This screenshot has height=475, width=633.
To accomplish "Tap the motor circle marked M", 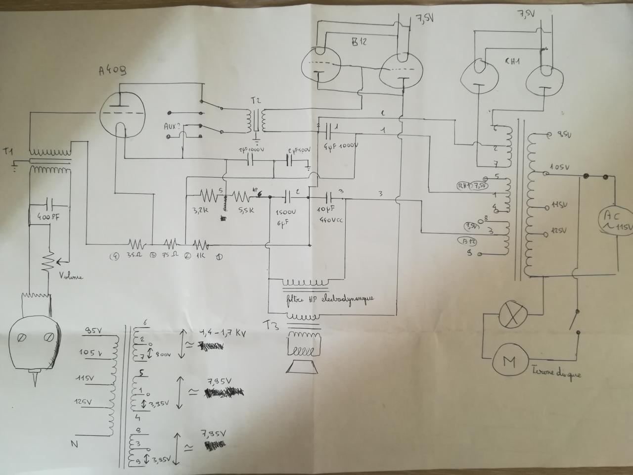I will point(509,362).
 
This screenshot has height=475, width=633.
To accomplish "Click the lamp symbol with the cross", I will point(512,315).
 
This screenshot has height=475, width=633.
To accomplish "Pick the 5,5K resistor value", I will point(245,210).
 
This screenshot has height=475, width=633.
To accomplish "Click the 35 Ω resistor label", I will point(135,256).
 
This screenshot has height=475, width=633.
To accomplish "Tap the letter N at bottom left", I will point(74,444).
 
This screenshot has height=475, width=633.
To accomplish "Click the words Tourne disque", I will point(556,372).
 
